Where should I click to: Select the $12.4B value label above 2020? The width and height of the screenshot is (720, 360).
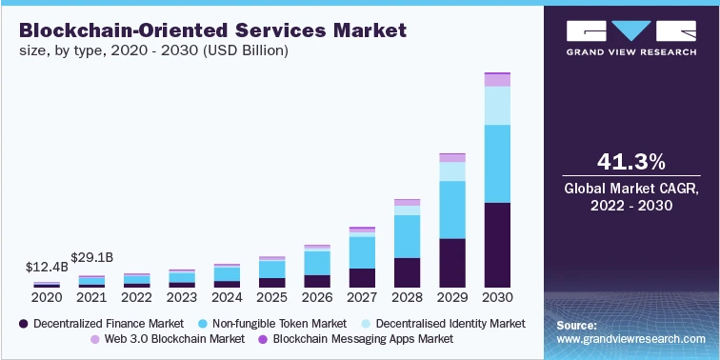pyautogui.click(x=47, y=267)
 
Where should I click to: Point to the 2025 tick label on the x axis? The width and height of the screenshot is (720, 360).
pyautogui.click(x=271, y=298)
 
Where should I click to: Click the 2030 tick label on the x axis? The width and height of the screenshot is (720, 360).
pyautogui.click(x=496, y=298)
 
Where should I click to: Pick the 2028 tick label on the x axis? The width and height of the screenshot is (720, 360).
pyautogui.click(x=407, y=298)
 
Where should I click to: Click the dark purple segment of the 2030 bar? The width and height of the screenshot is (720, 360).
pyautogui.click(x=496, y=245)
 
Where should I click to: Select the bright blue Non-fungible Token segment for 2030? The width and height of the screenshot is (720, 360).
pyautogui.click(x=496, y=163)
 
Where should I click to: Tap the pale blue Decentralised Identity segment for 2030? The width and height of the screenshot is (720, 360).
pyautogui.click(x=496, y=105)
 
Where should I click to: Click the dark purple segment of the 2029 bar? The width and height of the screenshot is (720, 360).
pyautogui.click(x=451, y=263)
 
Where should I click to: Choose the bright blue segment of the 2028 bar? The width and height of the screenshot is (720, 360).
pyautogui.click(x=407, y=236)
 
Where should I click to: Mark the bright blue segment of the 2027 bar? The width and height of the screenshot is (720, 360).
pyautogui.click(x=362, y=252)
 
